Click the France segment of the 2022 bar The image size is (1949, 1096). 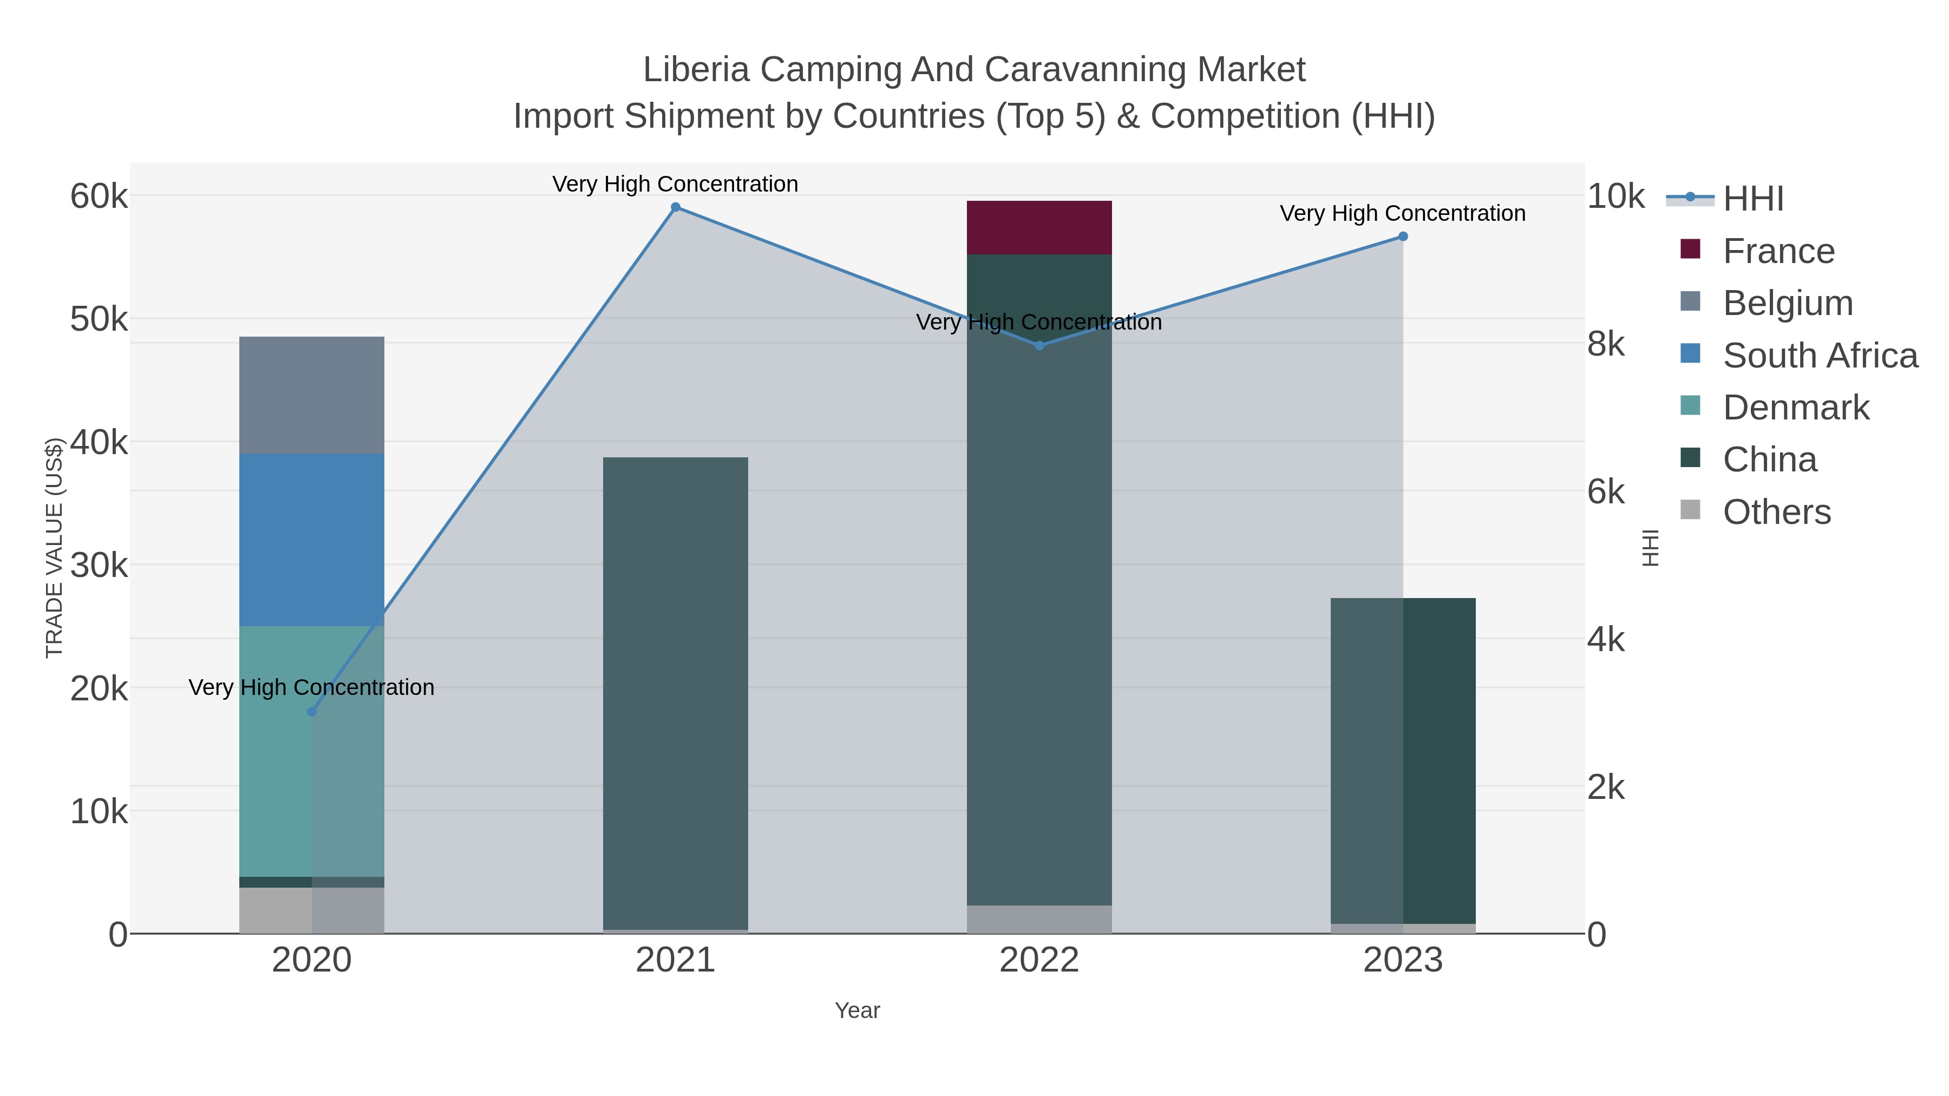click(1039, 228)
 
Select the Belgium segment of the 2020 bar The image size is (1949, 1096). click(311, 395)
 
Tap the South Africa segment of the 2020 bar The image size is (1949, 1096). click(311, 539)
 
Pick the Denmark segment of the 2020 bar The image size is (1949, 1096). click(311, 751)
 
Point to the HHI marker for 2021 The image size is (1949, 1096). click(676, 207)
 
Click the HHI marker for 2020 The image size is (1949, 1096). click(312, 712)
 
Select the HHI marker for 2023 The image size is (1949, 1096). click(1403, 237)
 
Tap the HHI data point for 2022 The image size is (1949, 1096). click(1039, 346)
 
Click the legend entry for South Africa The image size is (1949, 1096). click(1820, 356)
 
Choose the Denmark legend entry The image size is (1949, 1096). click(1795, 408)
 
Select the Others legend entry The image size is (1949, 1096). click(1776, 512)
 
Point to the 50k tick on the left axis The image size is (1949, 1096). click(99, 319)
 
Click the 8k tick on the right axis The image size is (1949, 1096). click(1606, 344)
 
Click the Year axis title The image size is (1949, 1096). click(856, 1010)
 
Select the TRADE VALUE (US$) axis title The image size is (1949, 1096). click(55, 548)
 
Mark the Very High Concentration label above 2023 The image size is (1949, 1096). click(1402, 213)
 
